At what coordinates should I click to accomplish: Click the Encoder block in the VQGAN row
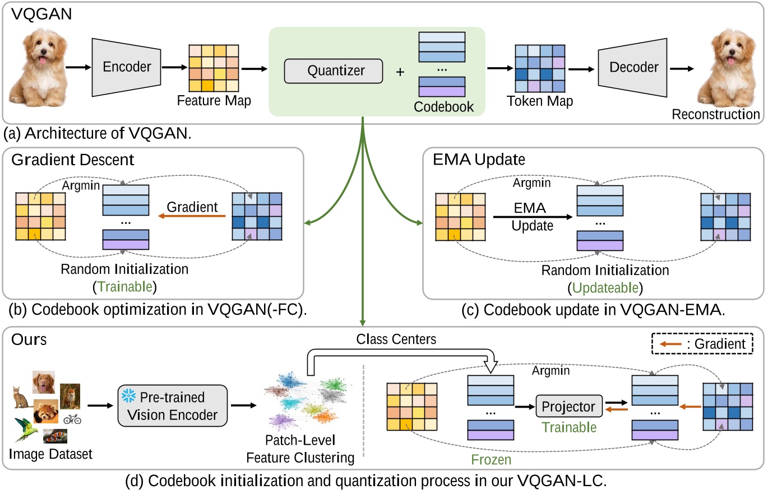pyautogui.click(x=127, y=67)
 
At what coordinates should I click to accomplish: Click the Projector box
pyautogui.click(x=568, y=407)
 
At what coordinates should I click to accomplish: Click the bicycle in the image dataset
pyautogui.click(x=72, y=419)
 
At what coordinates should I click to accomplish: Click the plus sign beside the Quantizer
pyautogui.click(x=400, y=72)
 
